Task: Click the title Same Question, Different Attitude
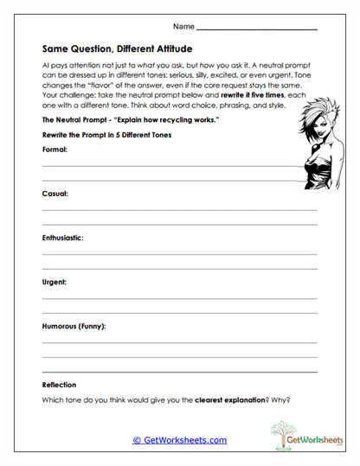(117, 49)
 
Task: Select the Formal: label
(55, 149)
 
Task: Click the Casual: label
(55, 194)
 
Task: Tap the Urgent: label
(55, 282)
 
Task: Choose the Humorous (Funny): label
(74, 326)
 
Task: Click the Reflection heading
(60, 385)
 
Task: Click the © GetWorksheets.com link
(179, 440)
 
